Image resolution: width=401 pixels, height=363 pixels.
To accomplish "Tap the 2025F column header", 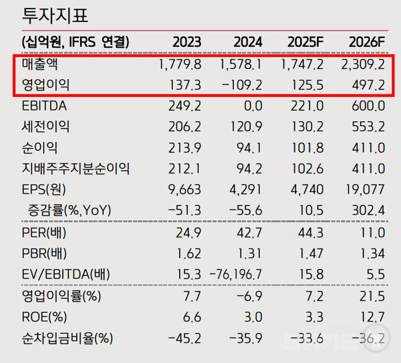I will click(x=305, y=42).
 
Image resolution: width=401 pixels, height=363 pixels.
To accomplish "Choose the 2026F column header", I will click(x=367, y=42).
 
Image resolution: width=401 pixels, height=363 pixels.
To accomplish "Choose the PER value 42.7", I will click(x=247, y=234).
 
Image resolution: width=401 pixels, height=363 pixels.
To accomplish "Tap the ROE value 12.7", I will click(x=372, y=316).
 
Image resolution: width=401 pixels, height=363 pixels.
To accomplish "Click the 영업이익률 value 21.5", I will click(x=372, y=295).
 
